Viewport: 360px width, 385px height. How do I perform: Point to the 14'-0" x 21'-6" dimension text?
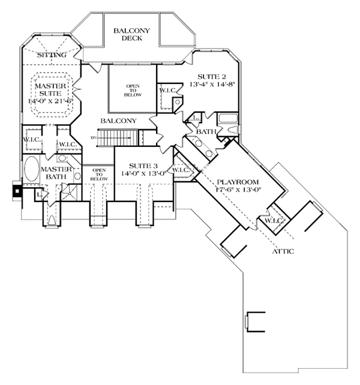pos(50,101)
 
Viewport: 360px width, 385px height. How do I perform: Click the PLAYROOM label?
pos(238,182)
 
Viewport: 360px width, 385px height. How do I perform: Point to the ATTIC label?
pos(283,251)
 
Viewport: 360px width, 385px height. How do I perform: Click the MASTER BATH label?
pos(57,173)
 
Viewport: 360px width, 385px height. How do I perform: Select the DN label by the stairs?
pos(93,138)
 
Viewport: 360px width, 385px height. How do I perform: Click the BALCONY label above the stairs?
pos(119,121)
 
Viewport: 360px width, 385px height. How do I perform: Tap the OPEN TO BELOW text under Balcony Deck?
pos(132,90)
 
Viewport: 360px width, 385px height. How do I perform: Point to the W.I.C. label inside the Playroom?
pos(273,220)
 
